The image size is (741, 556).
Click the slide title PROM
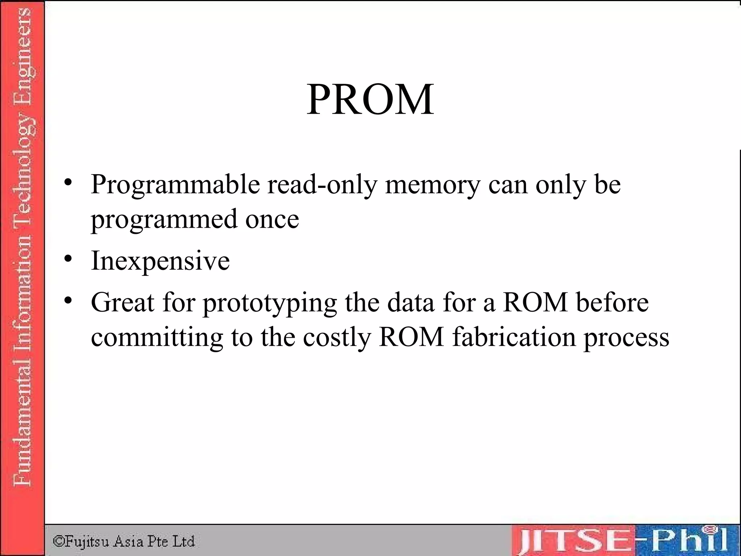(370, 99)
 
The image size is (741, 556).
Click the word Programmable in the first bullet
(175, 185)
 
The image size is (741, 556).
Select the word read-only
(322, 185)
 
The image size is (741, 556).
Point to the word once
(272, 219)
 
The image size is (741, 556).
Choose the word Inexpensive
(160, 261)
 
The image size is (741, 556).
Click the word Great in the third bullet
(123, 302)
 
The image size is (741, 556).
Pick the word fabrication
(514, 337)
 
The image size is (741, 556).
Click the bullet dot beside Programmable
(68, 182)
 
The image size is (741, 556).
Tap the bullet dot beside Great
(68, 300)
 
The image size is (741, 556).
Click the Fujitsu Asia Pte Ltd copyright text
(124, 542)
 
